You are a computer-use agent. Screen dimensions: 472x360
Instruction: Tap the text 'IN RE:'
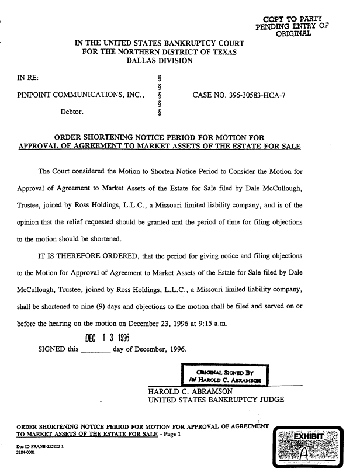pyautogui.click(x=28, y=76)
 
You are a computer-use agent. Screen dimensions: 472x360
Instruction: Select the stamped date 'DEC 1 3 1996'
pyautogui.click(x=107, y=338)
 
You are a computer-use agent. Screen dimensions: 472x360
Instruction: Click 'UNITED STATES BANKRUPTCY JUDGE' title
pyautogui.click(x=216, y=400)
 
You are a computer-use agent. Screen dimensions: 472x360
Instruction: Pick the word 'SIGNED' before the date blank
pyautogui.click(x=51, y=350)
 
